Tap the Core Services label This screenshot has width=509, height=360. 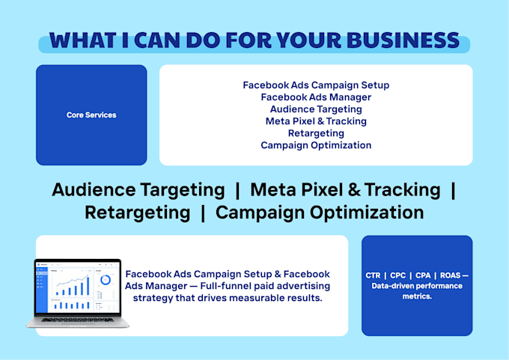(91, 115)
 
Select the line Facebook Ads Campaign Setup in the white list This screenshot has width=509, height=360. (316, 85)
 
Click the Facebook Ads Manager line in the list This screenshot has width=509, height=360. (316, 97)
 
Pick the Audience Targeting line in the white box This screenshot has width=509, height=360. (316, 109)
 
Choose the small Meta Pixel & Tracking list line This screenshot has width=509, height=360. (316, 121)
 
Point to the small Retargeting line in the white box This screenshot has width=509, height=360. (316, 133)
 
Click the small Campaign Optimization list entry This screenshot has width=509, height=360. (316, 145)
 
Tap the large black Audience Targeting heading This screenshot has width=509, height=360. (138, 190)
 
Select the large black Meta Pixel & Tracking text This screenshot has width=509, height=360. (345, 189)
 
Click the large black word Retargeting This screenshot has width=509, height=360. (137, 213)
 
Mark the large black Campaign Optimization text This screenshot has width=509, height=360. (320, 213)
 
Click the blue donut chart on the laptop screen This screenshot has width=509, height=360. (106, 280)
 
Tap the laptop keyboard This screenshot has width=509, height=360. (78, 320)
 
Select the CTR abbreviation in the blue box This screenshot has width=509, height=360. (373, 275)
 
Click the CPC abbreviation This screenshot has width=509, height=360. (397, 275)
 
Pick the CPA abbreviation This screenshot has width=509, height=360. (423, 275)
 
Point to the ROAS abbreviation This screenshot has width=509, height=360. (451, 275)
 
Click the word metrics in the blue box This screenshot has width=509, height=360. (417, 296)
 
